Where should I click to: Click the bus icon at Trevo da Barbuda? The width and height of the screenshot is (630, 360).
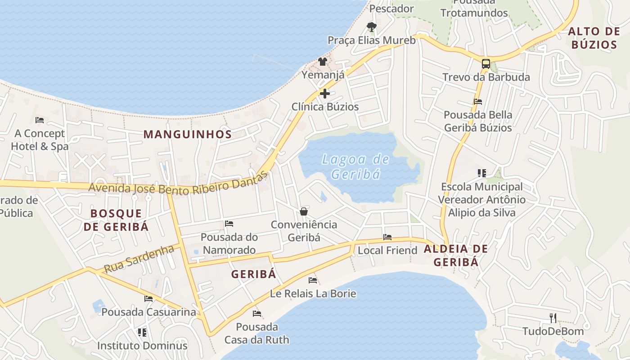(486, 64)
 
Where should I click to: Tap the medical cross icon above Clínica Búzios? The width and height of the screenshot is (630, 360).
(324, 94)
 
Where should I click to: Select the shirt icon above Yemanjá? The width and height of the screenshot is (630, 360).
(323, 62)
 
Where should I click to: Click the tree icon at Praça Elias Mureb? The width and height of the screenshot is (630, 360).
(371, 27)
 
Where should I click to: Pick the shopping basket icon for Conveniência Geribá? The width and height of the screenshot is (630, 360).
(304, 211)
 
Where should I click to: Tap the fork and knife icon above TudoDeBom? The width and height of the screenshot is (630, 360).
(553, 318)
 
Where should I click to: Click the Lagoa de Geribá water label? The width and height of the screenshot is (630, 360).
(356, 166)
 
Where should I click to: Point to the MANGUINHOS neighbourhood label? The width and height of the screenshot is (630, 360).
(188, 134)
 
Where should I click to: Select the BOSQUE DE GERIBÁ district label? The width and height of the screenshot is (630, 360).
(116, 220)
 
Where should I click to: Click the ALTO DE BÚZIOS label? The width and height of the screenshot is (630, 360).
(594, 38)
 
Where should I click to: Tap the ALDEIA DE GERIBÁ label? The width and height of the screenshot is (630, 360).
(456, 255)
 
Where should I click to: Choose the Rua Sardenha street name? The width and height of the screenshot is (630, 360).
(139, 259)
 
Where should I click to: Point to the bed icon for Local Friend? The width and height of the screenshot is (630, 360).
(387, 237)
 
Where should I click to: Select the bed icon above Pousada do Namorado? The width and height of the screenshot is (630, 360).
(229, 224)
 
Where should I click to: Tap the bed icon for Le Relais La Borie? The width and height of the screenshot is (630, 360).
(313, 280)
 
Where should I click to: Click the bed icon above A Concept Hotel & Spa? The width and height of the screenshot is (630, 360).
(40, 120)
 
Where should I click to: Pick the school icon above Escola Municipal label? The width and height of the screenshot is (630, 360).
(482, 173)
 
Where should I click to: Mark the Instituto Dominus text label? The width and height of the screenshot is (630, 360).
(142, 346)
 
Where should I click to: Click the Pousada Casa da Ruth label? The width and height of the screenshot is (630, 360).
(257, 333)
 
